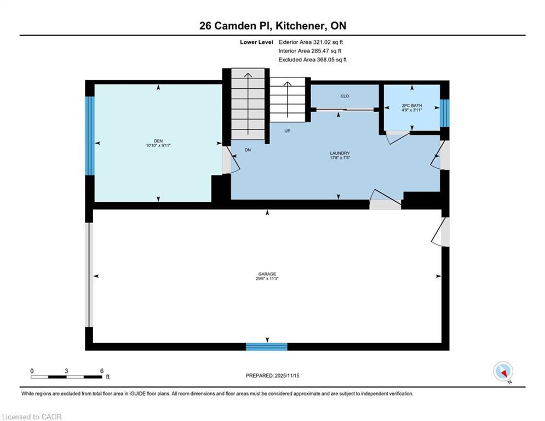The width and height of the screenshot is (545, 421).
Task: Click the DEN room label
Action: pos(158,141)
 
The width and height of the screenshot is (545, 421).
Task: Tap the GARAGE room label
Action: pos(267,274)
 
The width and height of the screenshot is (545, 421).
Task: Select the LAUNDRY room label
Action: pos(340,153)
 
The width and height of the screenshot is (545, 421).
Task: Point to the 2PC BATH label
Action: pos(411,105)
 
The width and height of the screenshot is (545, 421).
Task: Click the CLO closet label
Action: pos(345,96)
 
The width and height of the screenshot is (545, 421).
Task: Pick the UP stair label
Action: pos(287,131)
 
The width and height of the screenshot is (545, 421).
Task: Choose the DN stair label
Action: pos(248,150)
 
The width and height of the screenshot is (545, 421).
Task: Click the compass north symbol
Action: pos(503,372)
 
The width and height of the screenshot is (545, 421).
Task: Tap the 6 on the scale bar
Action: pos(102,371)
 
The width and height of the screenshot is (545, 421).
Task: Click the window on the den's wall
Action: pos(90,136)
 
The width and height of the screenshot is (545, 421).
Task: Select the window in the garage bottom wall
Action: pos(267,346)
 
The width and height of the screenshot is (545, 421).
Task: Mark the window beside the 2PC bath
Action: pos(445,113)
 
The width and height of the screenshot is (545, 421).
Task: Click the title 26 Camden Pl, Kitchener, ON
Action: pos(273,26)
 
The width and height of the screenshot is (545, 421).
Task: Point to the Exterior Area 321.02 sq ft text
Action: pos(311,42)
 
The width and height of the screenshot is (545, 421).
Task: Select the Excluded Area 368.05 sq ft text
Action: pos(312,60)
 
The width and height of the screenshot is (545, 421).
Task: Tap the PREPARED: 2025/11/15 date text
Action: pos(273,376)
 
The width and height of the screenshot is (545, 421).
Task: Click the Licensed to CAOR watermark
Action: pos(32,417)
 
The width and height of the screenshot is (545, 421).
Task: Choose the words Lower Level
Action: pos(256,42)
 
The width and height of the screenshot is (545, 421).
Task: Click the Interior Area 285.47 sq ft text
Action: pos(309,51)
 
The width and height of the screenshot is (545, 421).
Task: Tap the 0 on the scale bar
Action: pos(32,371)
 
